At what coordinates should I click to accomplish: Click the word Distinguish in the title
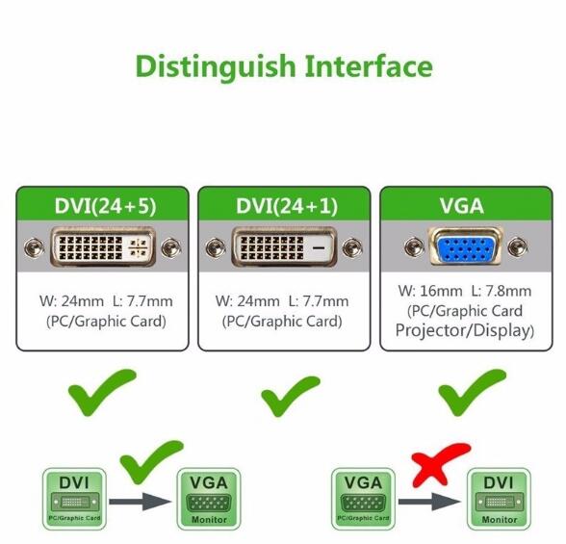pos(216,67)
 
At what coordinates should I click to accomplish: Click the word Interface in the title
pos(369,65)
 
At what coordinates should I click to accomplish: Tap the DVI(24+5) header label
pos(106,206)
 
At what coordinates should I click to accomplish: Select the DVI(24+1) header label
pos(287,206)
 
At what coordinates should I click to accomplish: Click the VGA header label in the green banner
pos(462,206)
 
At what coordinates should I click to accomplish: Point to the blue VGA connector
pos(466,246)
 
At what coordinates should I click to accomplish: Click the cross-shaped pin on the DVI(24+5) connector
pos(138,248)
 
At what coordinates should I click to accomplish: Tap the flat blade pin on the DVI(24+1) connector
pos(319,248)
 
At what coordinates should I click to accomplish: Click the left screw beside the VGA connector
pos(414,247)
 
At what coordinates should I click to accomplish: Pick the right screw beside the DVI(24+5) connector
pos(171,248)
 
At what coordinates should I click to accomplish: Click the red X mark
pos(441,465)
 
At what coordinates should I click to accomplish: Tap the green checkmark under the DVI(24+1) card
pos(289,397)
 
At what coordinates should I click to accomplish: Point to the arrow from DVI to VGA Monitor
pos(140,502)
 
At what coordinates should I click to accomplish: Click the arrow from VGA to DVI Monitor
pos(429,502)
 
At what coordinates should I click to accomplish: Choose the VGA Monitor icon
pos(209,499)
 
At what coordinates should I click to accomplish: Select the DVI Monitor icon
pos(499,499)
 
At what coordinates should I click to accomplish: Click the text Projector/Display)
pos(465,330)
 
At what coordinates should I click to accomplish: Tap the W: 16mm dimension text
pos(430,291)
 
